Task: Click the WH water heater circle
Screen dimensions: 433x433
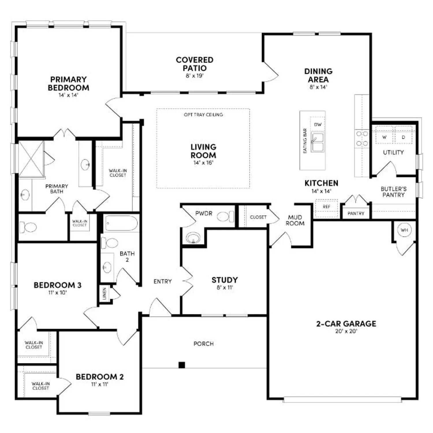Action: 404,230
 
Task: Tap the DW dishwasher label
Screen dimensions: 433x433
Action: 318,125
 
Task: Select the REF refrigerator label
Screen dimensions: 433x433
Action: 326,207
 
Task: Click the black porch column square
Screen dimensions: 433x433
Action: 182,365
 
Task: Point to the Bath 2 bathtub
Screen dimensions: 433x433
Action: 121,223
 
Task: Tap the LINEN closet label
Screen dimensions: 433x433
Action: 104,293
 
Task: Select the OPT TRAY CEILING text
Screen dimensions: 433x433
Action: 203,115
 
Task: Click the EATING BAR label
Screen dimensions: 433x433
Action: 305,141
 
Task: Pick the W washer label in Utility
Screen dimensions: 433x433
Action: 384,137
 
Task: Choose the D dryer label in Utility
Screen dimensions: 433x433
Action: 403,137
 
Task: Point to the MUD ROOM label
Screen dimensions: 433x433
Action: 295,220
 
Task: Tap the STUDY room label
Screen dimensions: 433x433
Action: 225,280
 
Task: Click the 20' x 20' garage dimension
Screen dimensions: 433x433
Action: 346,331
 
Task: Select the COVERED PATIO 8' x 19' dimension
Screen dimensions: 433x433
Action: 195,76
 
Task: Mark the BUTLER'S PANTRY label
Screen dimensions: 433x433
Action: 393,192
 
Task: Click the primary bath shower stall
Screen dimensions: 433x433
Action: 31,158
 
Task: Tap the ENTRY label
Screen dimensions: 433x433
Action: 163,281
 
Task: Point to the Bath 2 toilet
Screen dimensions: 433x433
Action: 109,243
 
